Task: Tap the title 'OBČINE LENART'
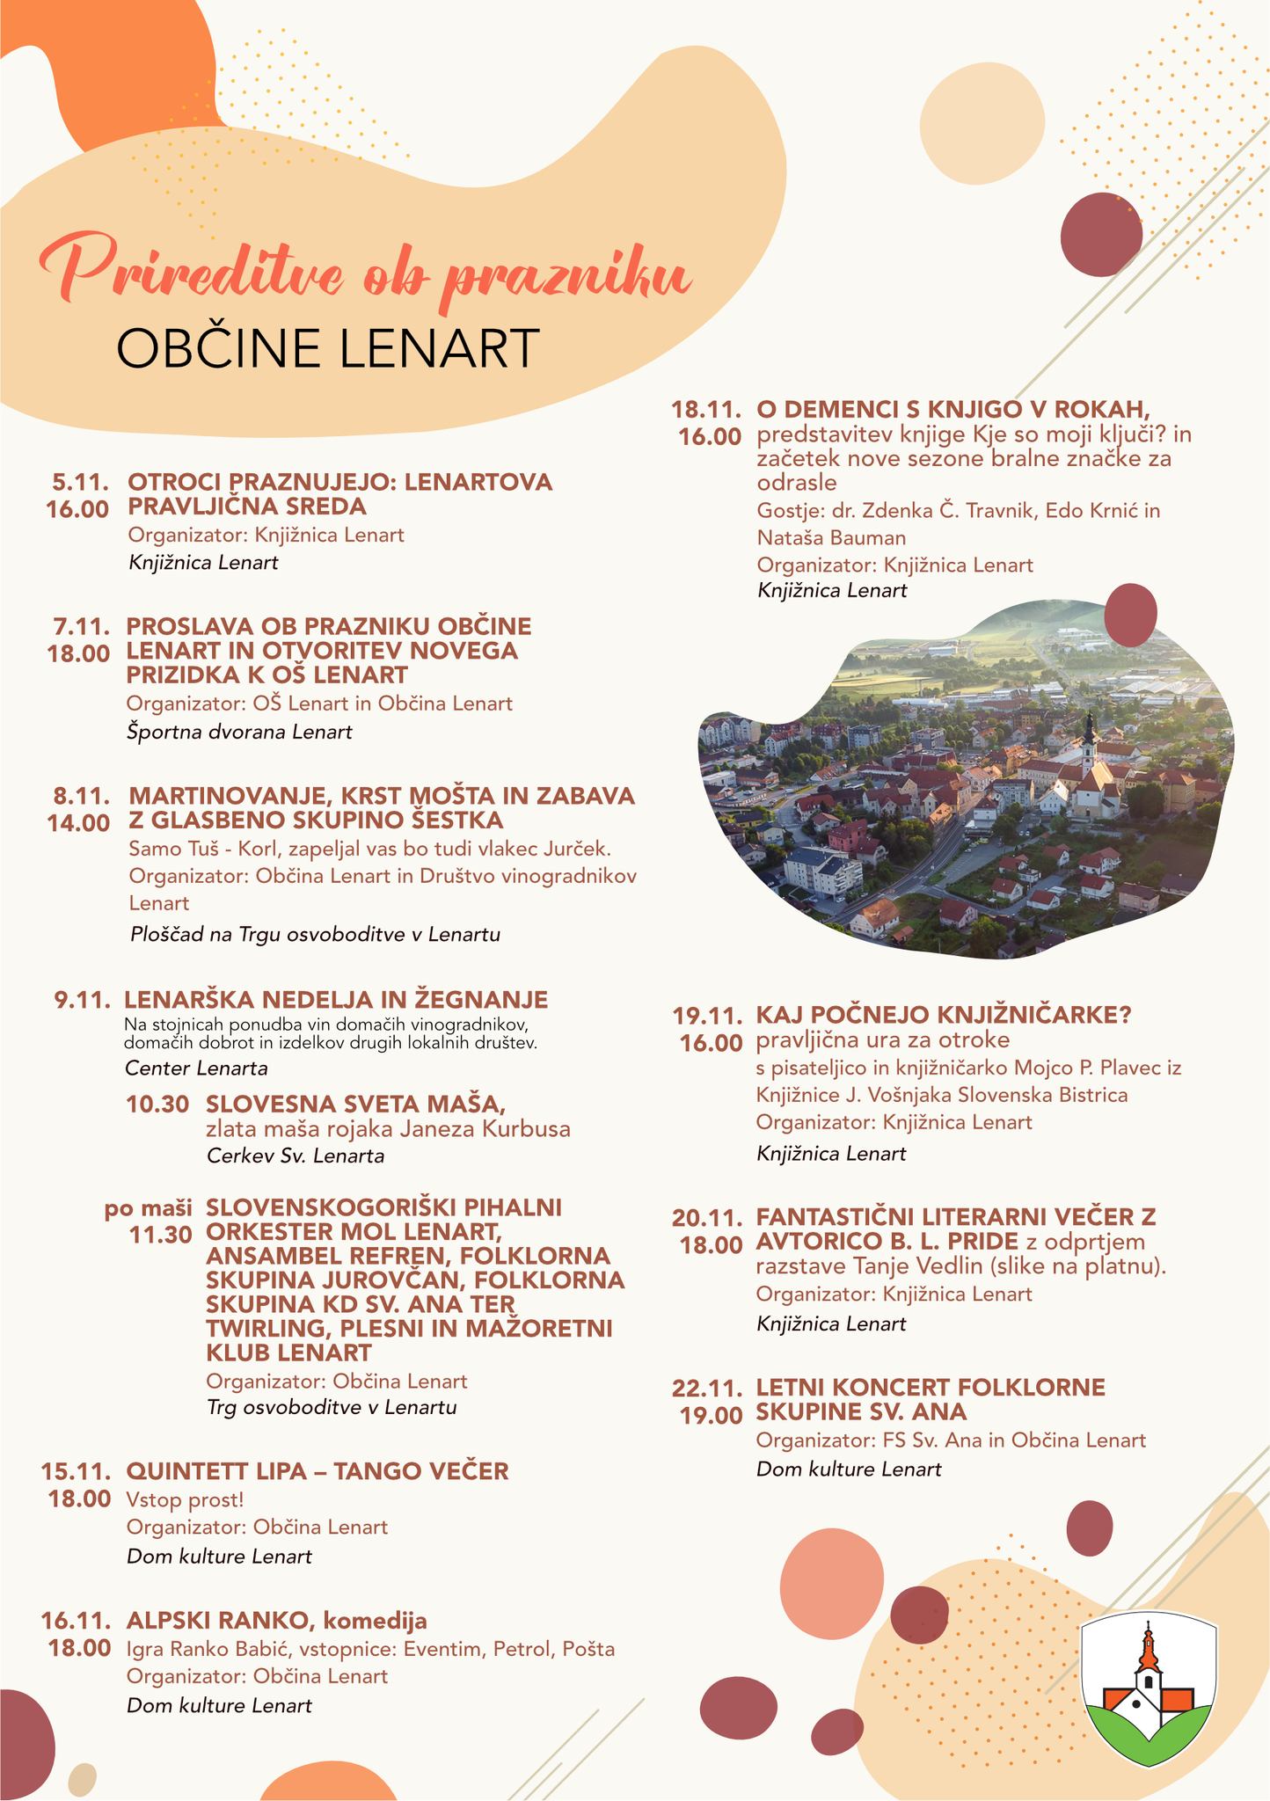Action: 326,349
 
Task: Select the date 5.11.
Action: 81,482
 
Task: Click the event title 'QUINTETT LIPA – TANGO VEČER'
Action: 317,1470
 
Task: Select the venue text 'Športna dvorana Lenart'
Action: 239,732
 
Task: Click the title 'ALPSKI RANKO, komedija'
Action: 277,1620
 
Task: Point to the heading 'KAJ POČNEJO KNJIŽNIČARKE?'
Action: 943,1015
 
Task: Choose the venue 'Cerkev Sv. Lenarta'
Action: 296,1156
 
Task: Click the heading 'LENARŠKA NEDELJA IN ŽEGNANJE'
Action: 336,1000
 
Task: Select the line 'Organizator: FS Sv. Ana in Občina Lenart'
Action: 951,1440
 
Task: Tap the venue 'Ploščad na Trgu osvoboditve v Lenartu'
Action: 314,934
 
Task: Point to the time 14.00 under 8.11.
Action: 79,823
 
